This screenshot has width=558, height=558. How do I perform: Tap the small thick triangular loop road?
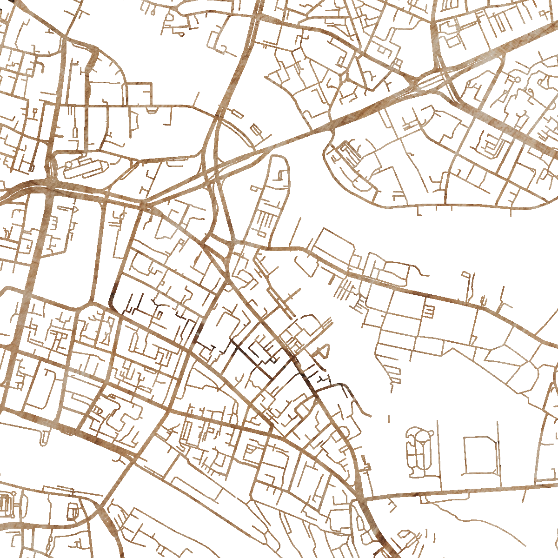pos(324,351)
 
